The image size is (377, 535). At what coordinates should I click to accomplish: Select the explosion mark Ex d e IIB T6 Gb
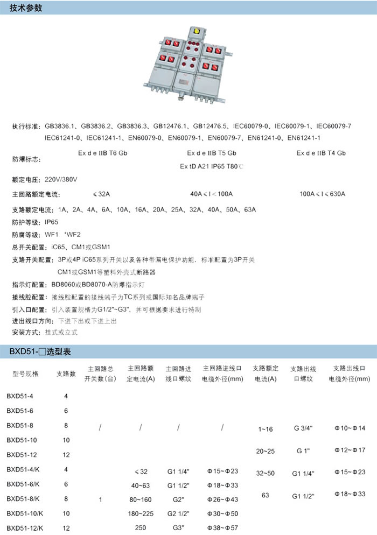point(103,153)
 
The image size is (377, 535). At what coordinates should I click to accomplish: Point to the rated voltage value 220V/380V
point(61,179)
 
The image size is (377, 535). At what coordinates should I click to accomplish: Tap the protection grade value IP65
point(52,222)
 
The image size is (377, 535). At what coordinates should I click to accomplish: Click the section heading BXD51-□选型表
point(36,352)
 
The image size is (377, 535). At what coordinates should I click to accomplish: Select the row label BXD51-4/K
point(22,469)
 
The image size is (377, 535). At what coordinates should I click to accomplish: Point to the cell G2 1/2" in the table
point(178,513)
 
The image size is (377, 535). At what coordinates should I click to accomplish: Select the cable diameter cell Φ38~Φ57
point(222,528)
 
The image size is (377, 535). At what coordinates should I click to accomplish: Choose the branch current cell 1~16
point(266,430)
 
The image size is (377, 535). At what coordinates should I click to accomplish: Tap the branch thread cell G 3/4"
point(304,429)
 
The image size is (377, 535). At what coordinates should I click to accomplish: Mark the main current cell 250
point(141,528)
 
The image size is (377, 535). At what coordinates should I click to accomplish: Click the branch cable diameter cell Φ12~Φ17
point(350,449)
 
